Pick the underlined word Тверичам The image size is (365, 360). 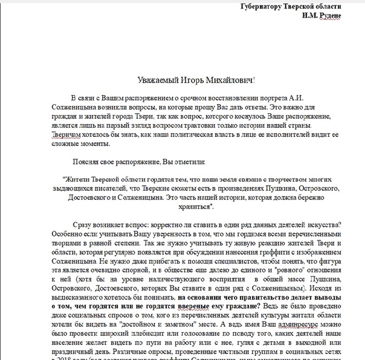pos(60,134)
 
